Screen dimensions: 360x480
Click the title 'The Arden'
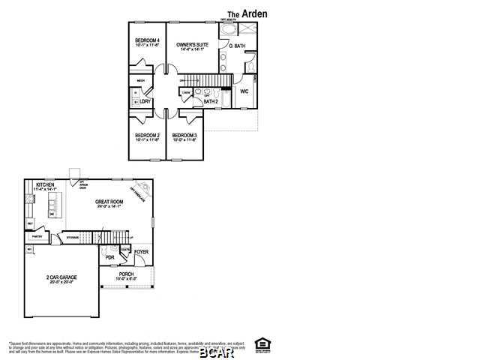pos(247,13)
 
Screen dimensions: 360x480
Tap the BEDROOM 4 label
pos(147,40)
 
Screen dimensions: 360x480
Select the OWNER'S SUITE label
pos(191,46)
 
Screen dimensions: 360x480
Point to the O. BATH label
pos(236,46)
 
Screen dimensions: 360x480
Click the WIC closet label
pos(244,91)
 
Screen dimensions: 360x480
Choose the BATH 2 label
pos(211,101)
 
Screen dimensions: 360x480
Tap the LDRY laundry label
pos(145,100)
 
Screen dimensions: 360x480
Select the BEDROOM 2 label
pos(147,136)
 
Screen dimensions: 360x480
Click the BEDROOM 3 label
pos(184,136)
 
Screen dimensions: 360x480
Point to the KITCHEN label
pos(44,184)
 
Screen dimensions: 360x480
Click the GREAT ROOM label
pos(109,202)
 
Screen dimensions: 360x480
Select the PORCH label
pos(126,274)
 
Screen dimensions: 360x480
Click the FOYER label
pos(142,252)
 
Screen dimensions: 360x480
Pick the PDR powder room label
pos(110,257)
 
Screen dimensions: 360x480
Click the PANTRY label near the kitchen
pos(37,235)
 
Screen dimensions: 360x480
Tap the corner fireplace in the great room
pos(139,190)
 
